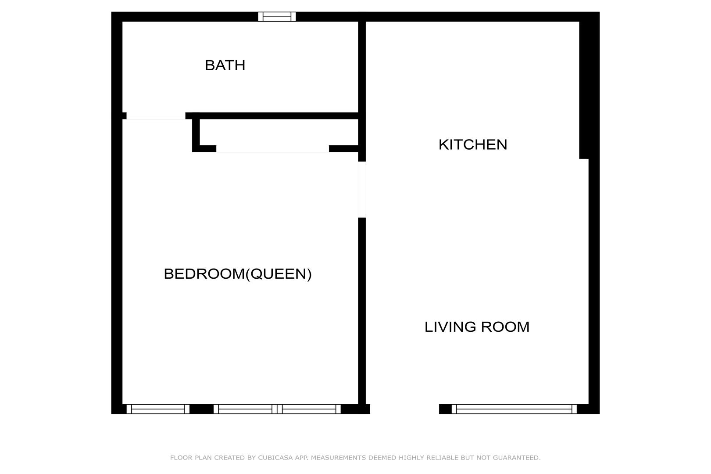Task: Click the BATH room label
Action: (225, 65)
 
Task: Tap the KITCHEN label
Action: (473, 144)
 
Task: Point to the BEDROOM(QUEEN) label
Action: (238, 274)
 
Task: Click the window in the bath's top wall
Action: (277, 17)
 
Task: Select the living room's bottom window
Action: (514, 409)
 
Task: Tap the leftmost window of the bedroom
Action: (158, 409)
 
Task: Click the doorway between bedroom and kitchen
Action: (362, 190)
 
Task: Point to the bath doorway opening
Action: (156, 116)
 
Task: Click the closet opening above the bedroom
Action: (273, 149)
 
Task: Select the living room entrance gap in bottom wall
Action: (405, 409)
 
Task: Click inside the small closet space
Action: (279, 132)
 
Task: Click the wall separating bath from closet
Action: (272, 116)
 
